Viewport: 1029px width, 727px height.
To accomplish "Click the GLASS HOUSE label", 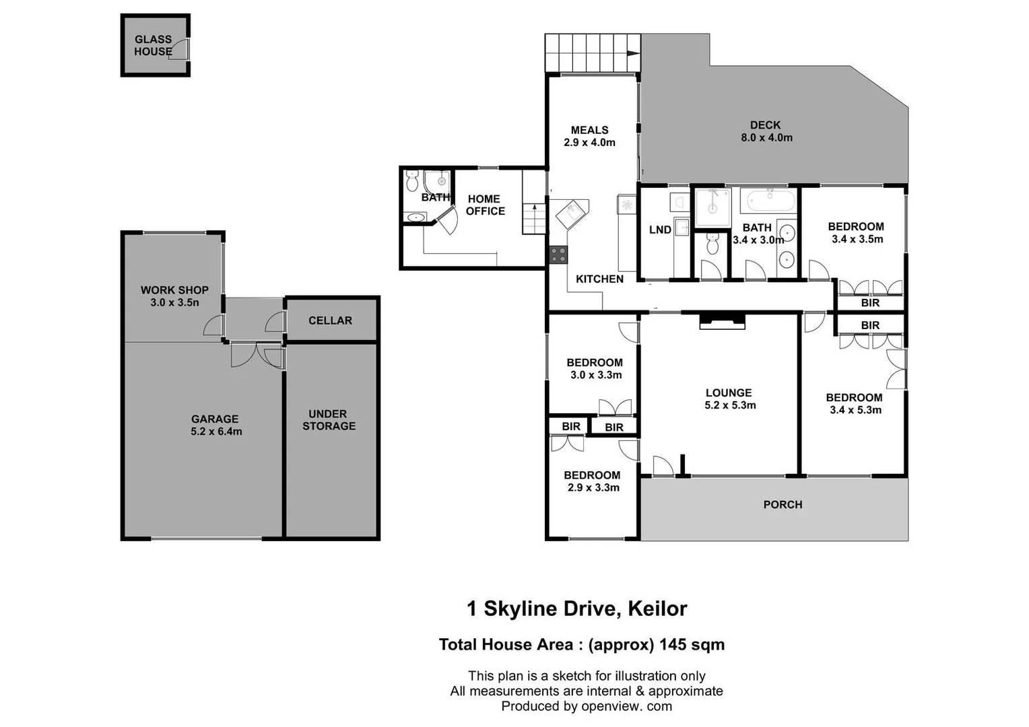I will click(x=153, y=45).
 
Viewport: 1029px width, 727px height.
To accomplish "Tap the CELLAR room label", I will click(x=330, y=320).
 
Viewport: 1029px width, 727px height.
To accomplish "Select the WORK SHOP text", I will click(x=174, y=290).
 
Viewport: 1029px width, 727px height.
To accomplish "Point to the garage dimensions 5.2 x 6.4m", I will click(x=216, y=431).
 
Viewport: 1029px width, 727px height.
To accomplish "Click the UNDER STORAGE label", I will click(x=329, y=420).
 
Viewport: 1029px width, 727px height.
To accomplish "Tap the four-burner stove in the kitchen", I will click(x=558, y=254).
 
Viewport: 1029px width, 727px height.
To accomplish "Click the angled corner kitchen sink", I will click(x=572, y=215).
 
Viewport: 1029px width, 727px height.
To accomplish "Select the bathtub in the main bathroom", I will click(x=768, y=200).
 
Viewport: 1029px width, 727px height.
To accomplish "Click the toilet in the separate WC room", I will click(x=712, y=245).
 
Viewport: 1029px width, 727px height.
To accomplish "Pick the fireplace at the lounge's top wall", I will click(x=723, y=320).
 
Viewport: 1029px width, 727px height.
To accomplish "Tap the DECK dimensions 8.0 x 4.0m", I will click(x=766, y=138).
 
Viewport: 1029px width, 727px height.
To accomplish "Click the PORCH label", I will click(x=783, y=504).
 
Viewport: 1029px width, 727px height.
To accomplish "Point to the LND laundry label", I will click(x=660, y=230).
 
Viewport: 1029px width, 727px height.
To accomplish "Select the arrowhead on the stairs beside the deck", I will click(x=633, y=53).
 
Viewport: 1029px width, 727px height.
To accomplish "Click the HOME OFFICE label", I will click(x=485, y=205).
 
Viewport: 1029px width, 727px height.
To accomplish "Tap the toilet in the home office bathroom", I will click(x=413, y=182).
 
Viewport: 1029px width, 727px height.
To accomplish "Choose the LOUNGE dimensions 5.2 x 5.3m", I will click(x=730, y=405).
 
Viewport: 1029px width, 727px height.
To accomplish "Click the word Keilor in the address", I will click(x=657, y=609).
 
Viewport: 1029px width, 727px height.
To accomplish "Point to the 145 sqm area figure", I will click(x=692, y=644).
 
